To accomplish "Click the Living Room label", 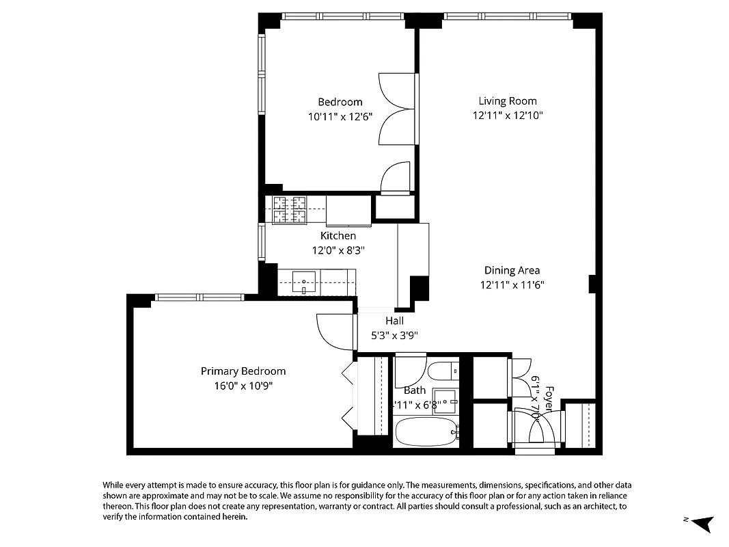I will pos(507,101).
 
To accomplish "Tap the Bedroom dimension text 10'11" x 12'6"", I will pos(340,116).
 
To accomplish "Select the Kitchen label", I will pos(338,236).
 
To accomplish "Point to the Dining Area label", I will pos(512,270).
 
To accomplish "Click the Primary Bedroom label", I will pos(243,371).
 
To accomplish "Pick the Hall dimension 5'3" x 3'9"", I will pos(394,335).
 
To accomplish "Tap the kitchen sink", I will pos(303,282).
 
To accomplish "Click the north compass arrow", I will pos(704,524).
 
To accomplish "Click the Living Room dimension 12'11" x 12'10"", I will pos(507,116).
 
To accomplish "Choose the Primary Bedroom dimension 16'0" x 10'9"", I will pos(243,386).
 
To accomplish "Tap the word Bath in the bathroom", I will pos(415,390).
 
